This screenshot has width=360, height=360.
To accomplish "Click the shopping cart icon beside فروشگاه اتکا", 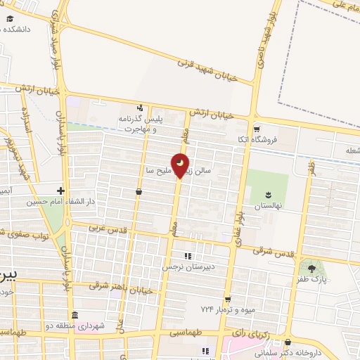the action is (257, 129).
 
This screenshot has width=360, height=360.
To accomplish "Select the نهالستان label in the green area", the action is (267, 205).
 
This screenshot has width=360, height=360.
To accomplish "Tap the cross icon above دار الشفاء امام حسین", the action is (62, 191).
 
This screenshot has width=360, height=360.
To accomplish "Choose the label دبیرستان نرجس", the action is (187, 267).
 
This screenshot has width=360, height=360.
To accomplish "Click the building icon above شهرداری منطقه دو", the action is (74, 314).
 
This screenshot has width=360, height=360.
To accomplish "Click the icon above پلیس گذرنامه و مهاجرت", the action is (141, 108).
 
